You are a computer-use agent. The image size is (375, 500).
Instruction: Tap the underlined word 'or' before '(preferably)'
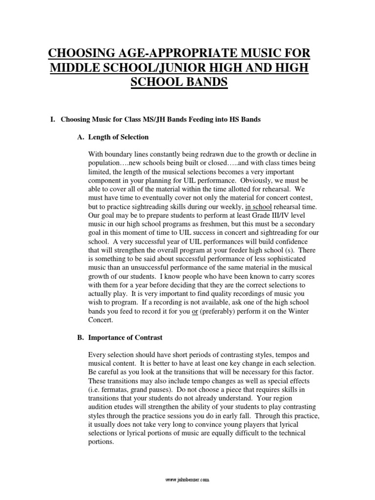point(195,311)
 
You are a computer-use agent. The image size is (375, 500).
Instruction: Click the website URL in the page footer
point(187,479)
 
